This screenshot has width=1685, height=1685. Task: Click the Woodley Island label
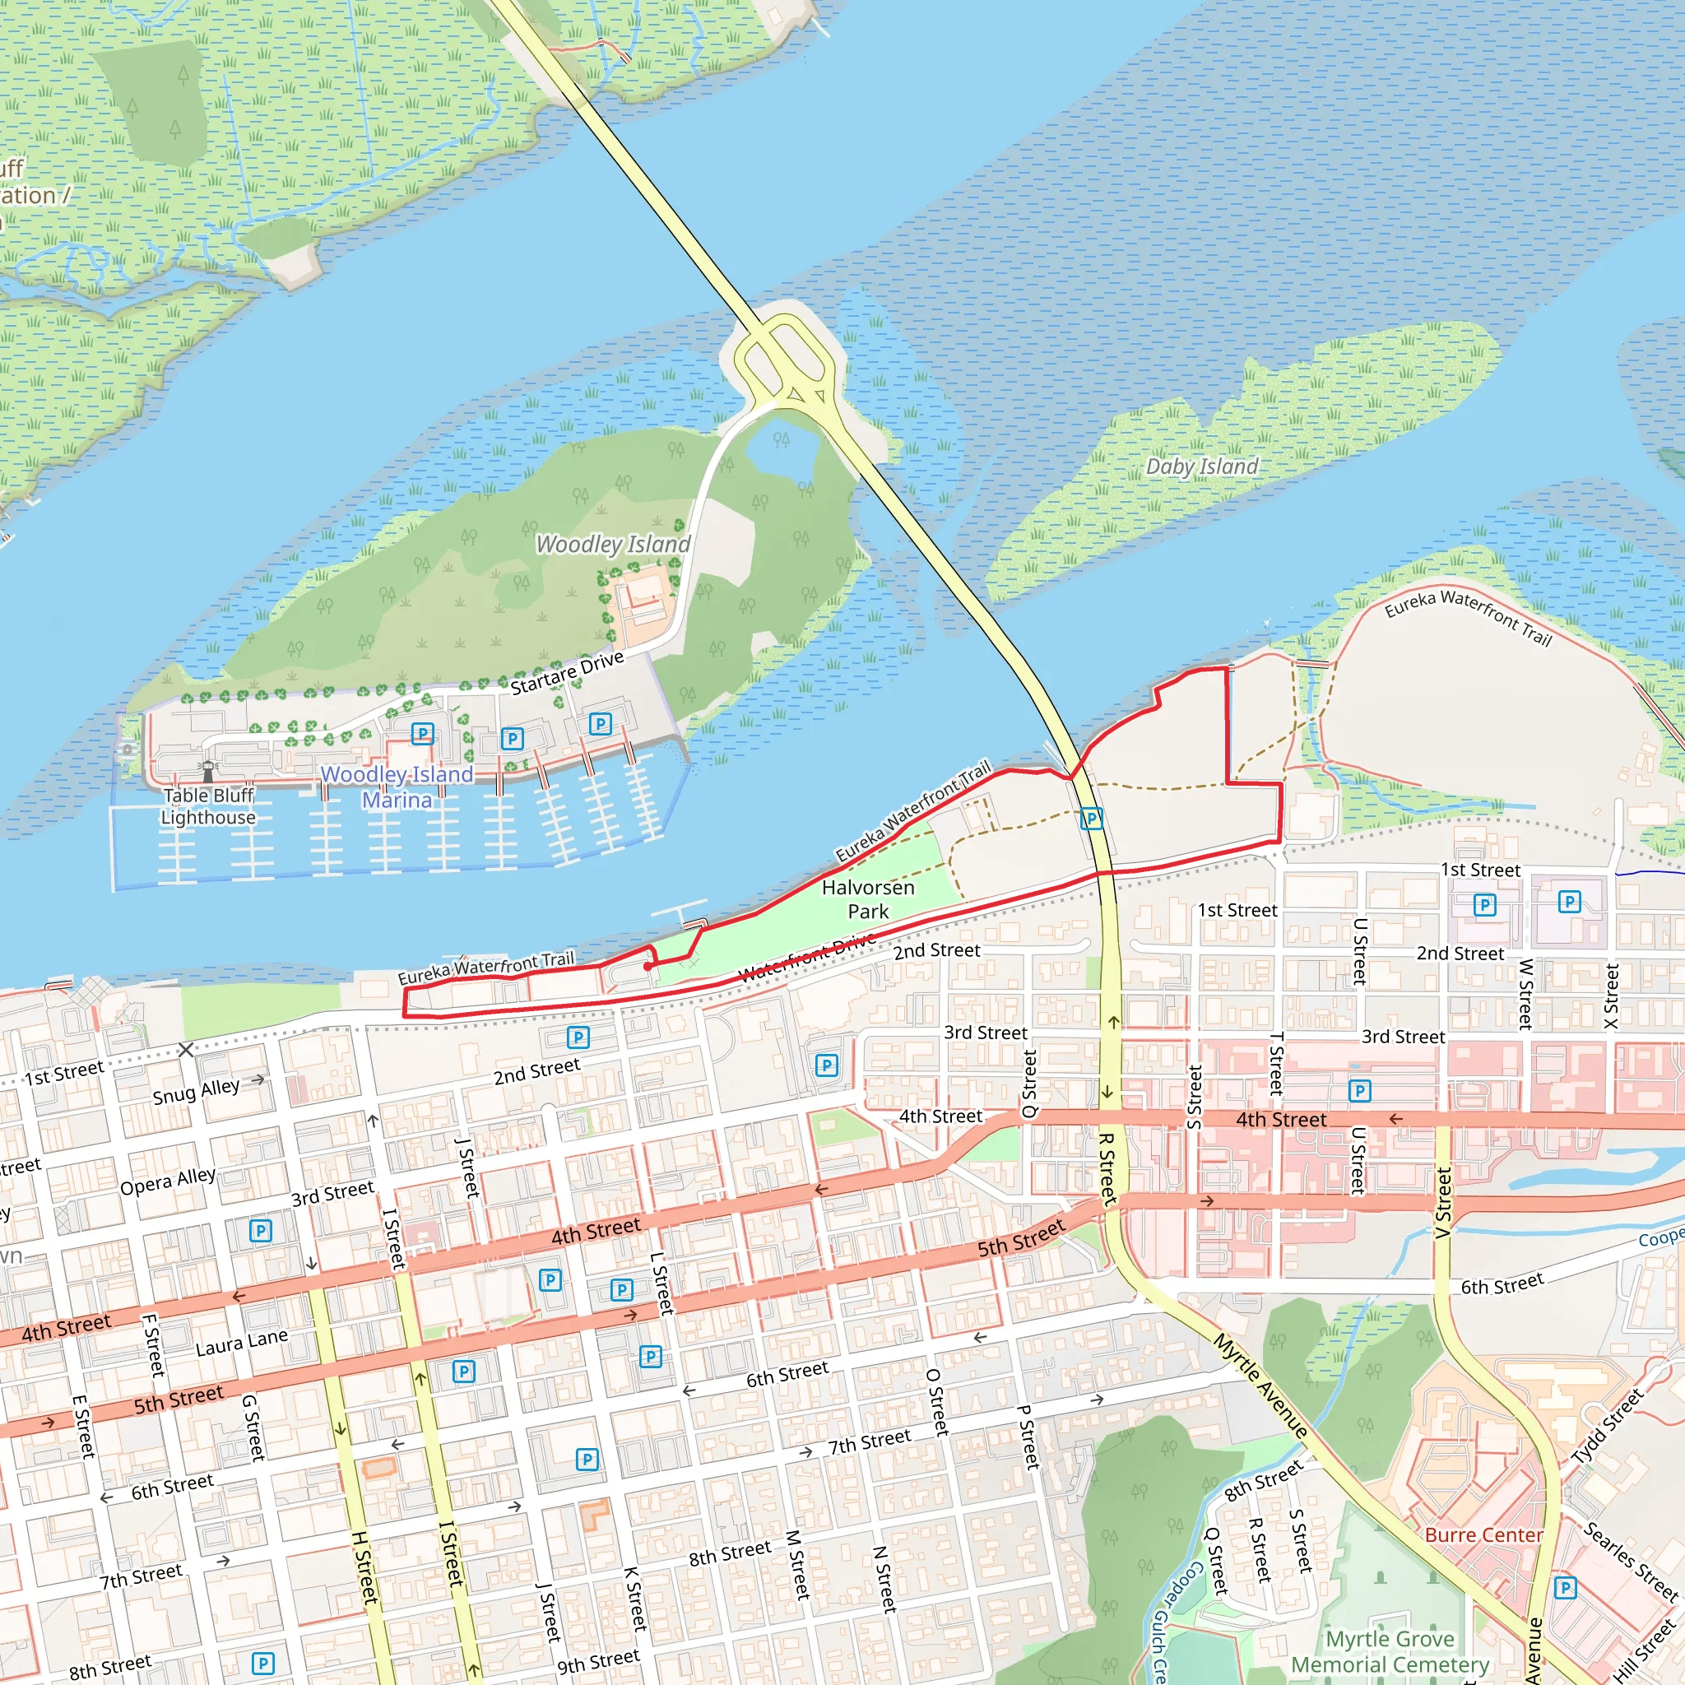coord(612,544)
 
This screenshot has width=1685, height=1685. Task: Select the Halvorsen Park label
coord(868,899)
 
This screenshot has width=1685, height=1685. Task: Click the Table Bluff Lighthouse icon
coord(207,771)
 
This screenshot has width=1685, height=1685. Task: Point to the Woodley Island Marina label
coord(397,787)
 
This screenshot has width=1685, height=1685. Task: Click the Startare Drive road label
coord(567,673)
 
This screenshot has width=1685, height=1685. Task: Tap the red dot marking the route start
coord(648,967)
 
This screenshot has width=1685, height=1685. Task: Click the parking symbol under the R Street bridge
coord(1091,818)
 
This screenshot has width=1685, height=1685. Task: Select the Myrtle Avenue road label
coord(1260,1386)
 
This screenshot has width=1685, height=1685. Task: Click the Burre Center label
coord(1483,1535)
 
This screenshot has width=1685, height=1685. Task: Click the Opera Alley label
coord(168,1181)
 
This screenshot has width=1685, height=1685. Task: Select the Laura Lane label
coord(242,1342)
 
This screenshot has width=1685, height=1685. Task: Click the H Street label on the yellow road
coord(364,1567)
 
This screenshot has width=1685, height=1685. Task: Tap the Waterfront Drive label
coord(807,958)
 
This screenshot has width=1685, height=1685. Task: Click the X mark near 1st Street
coord(186,1049)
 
